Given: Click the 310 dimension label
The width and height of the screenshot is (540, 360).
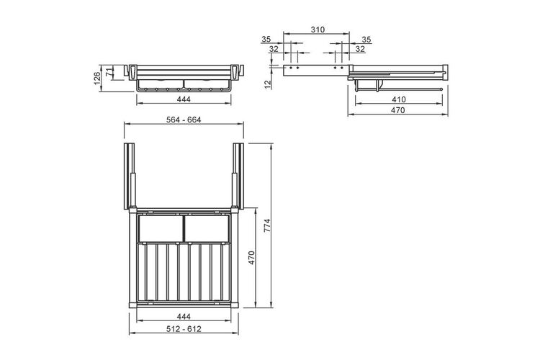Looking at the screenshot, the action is tap(318, 30).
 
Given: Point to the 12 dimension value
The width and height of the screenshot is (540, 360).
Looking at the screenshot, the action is tap(269, 84).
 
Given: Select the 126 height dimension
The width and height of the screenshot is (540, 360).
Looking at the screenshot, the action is tap(96, 78).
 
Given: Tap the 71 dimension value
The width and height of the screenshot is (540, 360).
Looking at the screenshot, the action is tap(109, 72).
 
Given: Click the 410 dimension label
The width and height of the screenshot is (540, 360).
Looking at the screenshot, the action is tap(398, 99).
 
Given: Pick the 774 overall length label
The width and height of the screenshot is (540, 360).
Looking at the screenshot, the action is tap(268, 225).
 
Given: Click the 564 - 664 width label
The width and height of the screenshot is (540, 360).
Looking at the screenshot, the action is tap(184, 120).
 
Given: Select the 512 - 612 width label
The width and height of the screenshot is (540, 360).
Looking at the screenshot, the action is tap(184, 328).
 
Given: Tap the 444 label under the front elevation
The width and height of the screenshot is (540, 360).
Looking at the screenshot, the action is tap(184, 99).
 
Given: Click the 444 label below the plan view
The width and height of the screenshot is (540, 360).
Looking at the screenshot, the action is tap(184, 316).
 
